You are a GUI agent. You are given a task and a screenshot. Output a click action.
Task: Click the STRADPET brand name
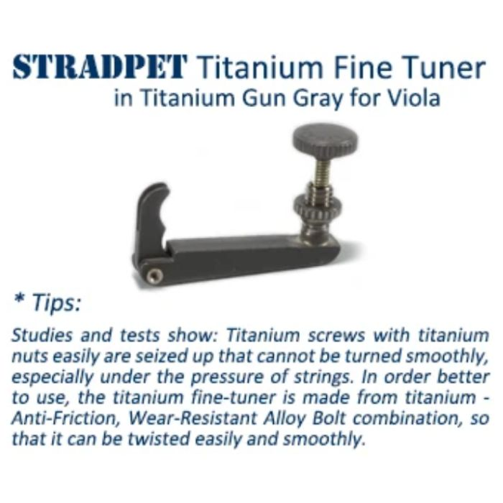click(99, 67)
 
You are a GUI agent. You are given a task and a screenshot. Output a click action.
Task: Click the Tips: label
click(57, 303)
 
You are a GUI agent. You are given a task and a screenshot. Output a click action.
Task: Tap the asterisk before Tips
click(19, 300)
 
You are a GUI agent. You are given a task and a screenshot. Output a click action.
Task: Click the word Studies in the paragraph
click(42, 336)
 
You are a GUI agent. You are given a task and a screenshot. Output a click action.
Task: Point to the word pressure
click(227, 378)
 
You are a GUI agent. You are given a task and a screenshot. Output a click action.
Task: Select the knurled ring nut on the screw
click(318, 206)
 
